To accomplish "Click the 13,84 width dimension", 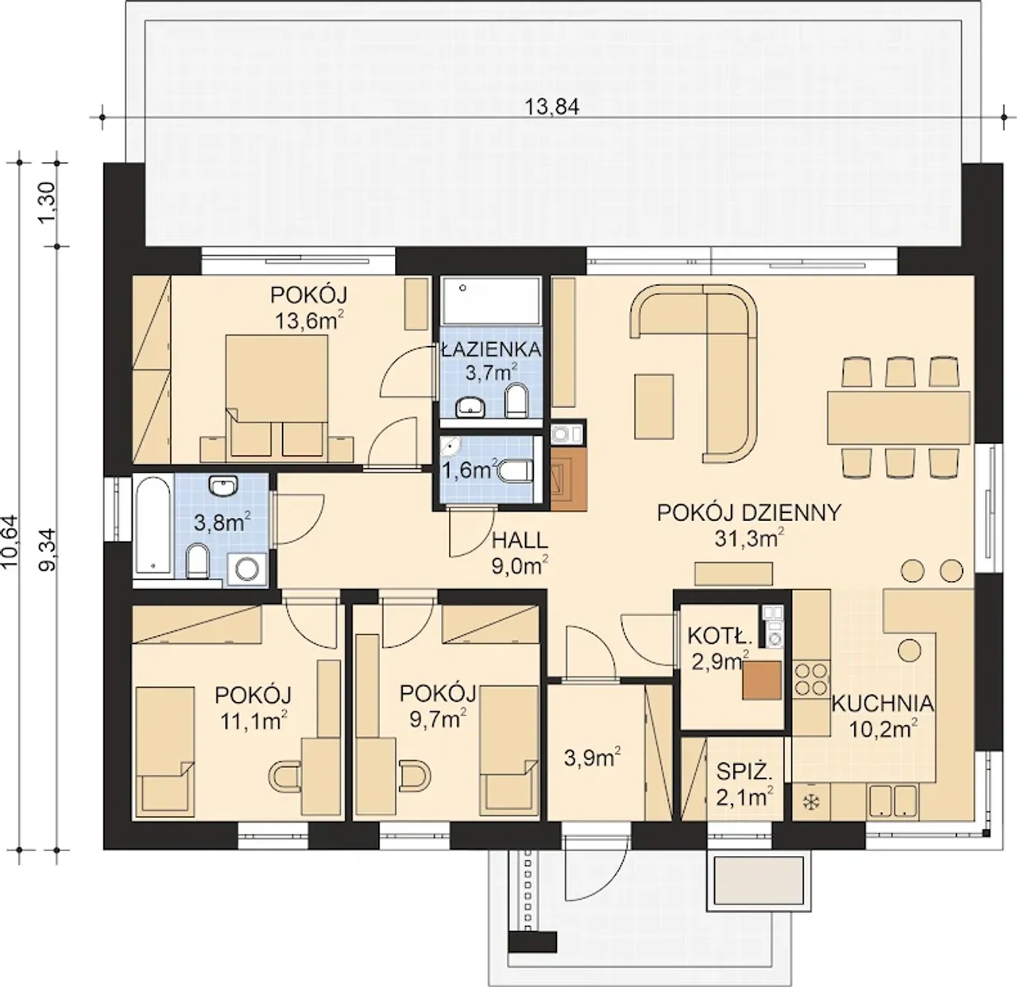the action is tap(551, 107).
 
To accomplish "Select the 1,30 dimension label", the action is tap(47, 202).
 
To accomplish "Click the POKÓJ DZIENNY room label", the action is tap(749, 512).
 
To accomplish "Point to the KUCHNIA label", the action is tap(882, 704).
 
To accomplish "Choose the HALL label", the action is tap(520, 540).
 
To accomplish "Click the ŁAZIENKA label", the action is tap(491, 349).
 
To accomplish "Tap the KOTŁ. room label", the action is tap(720, 636).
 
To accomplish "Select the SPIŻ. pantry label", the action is tap(744, 771).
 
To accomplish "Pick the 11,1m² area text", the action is tap(253, 721).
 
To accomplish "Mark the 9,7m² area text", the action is tap(438, 720).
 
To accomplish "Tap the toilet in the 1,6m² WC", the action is tap(516, 470).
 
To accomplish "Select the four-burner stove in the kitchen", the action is tap(811, 680).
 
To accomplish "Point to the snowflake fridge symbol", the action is tap(810, 803).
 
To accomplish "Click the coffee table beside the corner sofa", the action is tap(654, 406).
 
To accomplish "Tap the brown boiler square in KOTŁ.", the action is tap(762, 680).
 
